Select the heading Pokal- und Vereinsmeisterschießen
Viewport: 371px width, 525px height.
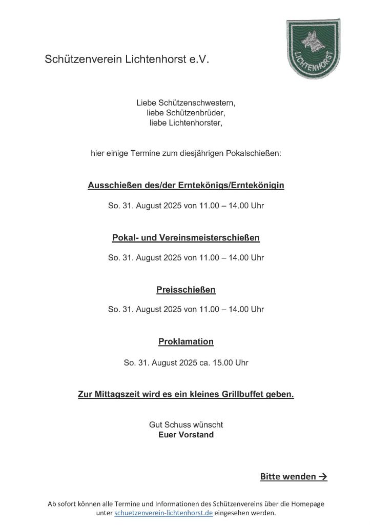(x=186, y=237)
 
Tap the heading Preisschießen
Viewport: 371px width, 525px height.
(x=186, y=290)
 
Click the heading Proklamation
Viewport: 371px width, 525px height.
(x=186, y=341)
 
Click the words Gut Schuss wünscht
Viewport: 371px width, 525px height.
(x=186, y=425)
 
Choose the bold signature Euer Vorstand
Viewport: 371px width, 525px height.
(x=186, y=435)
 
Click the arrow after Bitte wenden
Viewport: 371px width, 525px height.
(x=323, y=477)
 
